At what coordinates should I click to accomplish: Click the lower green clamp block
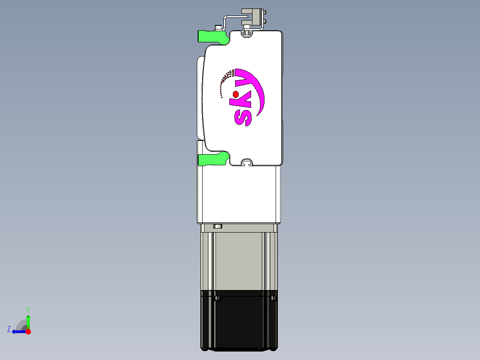(212, 159)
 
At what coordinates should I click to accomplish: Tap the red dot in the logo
(236, 94)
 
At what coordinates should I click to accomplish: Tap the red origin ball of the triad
(28, 331)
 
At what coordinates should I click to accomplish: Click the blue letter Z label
(9, 329)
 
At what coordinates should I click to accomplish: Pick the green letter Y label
(28, 309)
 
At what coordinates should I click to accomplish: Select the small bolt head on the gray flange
(218, 226)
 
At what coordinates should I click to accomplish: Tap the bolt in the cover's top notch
(247, 32)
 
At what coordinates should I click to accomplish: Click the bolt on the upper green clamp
(218, 28)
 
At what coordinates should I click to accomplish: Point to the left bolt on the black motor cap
(217, 298)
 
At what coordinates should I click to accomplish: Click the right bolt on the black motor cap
(273, 298)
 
